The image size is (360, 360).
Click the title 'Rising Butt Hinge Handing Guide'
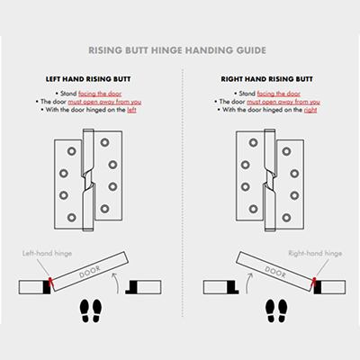pyautogui.click(x=180, y=51)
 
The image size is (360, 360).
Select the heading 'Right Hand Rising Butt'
pyautogui.click(x=270, y=78)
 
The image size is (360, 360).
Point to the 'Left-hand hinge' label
pyautogui.click(x=43, y=255)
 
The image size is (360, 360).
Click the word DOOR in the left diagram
pyautogui.click(x=91, y=272)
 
